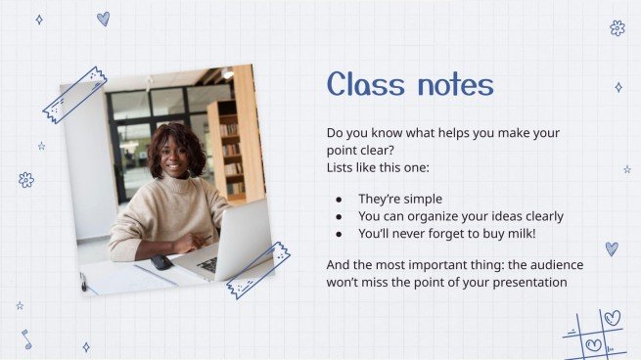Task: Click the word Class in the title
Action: click(364, 85)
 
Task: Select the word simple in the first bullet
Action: click(420, 199)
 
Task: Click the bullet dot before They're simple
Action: click(339, 200)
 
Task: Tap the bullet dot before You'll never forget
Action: click(339, 235)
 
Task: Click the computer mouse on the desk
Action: click(161, 261)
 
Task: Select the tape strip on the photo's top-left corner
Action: click(74, 95)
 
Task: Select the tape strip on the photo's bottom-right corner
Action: click(258, 269)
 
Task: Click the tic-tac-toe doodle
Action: click(594, 335)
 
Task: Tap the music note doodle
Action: click(26, 338)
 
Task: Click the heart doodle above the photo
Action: click(103, 19)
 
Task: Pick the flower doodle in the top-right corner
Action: click(618, 27)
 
